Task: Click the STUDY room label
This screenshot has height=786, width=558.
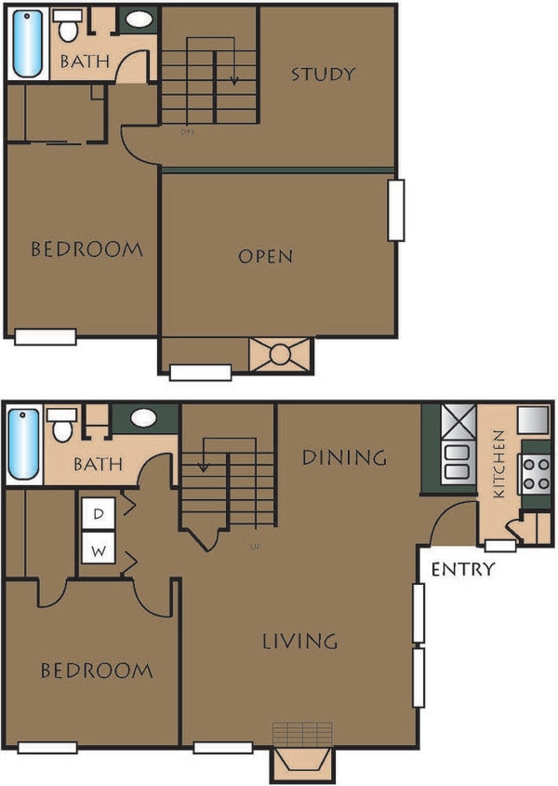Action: tap(323, 74)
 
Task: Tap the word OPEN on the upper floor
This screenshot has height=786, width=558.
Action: tap(265, 255)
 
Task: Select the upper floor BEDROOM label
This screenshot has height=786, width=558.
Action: tap(86, 249)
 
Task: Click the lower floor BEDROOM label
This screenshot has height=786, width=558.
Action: tap(96, 670)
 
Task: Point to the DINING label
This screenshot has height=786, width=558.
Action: tap(344, 457)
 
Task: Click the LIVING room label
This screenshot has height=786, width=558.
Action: tap(299, 641)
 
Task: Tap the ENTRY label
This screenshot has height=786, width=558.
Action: tap(462, 569)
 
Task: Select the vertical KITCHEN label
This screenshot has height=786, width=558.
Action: tap(499, 464)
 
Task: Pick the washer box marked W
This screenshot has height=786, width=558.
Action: tap(99, 549)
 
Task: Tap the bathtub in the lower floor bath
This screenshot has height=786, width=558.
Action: tap(24, 445)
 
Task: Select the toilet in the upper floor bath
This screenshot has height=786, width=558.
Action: tap(67, 27)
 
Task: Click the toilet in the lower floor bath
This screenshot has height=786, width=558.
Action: tap(62, 426)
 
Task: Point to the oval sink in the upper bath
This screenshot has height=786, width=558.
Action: tap(140, 20)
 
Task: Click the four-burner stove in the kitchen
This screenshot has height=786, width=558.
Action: tap(536, 474)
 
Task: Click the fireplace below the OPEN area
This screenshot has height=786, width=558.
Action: tap(281, 356)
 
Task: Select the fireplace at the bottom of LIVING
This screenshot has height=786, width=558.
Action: tap(301, 756)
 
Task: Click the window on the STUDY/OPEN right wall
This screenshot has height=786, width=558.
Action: tap(396, 210)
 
